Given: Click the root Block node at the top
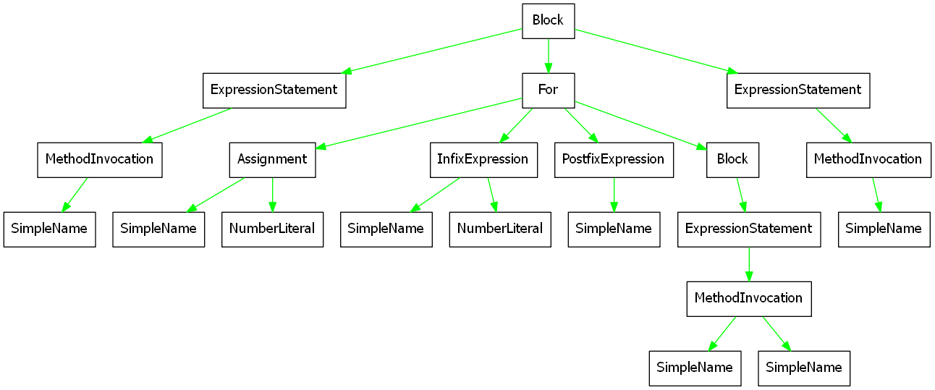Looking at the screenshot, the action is pos(548,21).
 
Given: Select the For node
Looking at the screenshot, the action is pos(548,90).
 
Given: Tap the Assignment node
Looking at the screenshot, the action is pos(272,160).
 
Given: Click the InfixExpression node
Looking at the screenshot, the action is pos(483,160).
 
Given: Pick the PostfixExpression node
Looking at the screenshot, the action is pos(614,160).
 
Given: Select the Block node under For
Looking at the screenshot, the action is pos(732,160).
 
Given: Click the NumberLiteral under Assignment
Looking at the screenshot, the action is pos(272,229).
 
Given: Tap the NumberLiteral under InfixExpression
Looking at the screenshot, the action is pos(500,229).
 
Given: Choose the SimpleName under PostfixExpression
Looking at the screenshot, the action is pos(614,229).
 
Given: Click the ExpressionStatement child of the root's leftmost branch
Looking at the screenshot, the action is pos(274,90).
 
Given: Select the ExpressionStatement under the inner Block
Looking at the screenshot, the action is pos(749,229).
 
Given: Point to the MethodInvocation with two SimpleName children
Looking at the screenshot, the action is pos(749,299).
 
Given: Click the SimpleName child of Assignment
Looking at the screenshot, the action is pos(158,229).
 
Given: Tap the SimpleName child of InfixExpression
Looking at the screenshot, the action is pos(386,229).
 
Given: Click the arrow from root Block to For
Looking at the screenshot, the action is pos(548,56).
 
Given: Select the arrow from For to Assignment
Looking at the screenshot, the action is pos(419,123).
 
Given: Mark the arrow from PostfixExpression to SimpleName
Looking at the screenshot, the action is pos(614,195).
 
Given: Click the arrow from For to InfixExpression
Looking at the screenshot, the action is pos(516,125).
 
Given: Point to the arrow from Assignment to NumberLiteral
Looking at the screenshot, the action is pos(272,195).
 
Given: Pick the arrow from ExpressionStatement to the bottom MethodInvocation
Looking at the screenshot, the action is pos(749,264).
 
